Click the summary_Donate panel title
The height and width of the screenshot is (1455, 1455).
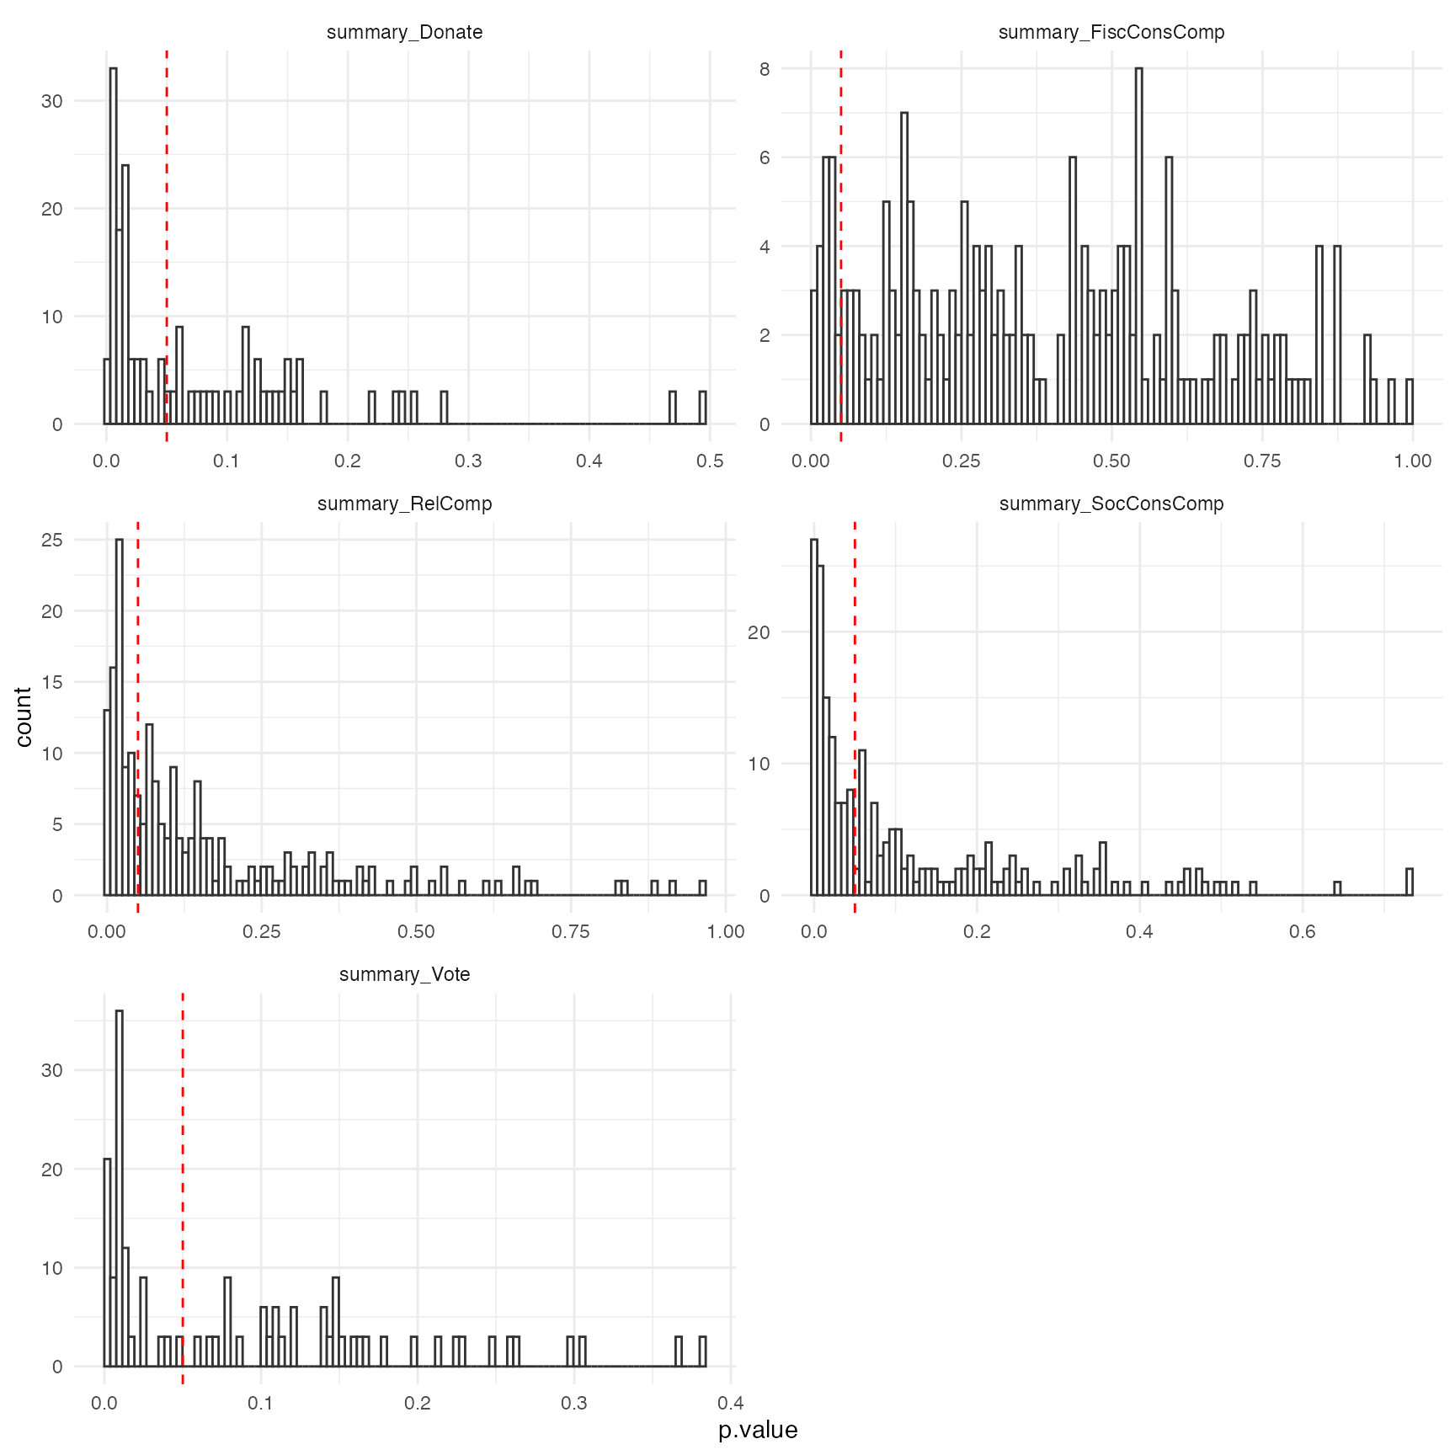[x=404, y=32]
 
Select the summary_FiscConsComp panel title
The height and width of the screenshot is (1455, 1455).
[x=1111, y=32]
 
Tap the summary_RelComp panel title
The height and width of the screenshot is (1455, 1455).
[x=404, y=504]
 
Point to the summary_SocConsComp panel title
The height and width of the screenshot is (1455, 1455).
[x=1111, y=504]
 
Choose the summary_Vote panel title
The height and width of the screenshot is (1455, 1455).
[x=404, y=974]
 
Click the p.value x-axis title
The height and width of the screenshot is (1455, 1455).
[x=758, y=1430]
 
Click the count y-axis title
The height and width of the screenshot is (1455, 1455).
[x=24, y=717]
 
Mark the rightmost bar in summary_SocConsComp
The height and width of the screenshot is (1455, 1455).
[x=1410, y=882]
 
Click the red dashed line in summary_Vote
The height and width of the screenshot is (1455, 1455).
[x=183, y=1179]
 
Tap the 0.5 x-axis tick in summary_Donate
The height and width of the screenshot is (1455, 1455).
[x=711, y=461]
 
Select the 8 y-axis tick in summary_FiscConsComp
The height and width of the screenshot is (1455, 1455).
[x=765, y=69]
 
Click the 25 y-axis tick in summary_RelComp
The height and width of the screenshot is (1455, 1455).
[x=52, y=540]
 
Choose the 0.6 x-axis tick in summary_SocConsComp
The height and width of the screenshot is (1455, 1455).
[x=1302, y=932]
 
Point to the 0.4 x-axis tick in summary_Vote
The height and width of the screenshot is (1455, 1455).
[x=731, y=1403]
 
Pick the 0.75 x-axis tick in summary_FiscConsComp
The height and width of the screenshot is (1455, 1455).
[x=1262, y=461]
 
